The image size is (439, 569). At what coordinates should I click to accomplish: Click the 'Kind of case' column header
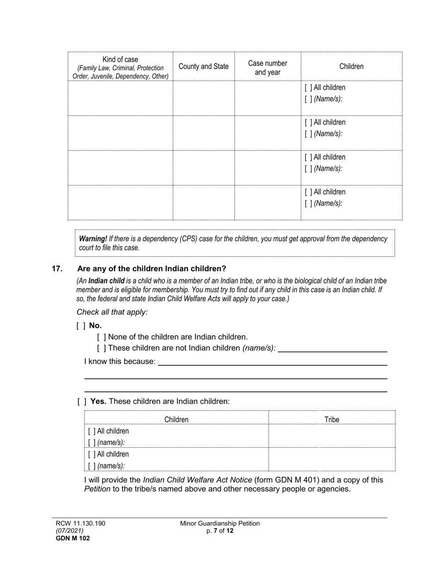click(x=120, y=60)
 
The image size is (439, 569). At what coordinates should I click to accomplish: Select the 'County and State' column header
click(x=203, y=66)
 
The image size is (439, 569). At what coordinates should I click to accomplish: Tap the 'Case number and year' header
click(x=268, y=68)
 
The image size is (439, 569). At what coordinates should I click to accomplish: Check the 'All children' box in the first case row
click(x=308, y=87)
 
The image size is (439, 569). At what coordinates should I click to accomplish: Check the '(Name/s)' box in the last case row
click(x=308, y=203)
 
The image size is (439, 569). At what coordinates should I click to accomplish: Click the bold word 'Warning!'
click(x=93, y=239)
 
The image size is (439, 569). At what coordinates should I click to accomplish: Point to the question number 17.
click(x=57, y=268)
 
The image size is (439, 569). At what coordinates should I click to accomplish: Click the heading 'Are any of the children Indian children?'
click(x=152, y=268)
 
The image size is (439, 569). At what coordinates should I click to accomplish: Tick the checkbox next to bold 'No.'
click(x=81, y=326)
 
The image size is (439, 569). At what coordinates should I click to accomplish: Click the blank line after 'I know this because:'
click(x=273, y=362)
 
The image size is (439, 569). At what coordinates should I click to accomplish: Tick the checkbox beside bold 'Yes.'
click(x=82, y=402)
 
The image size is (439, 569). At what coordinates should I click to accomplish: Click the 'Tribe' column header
click(x=332, y=420)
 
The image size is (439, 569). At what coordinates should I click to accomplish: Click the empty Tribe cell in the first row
click(x=332, y=436)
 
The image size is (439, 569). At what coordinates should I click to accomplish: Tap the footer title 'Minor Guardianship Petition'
click(x=220, y=523)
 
